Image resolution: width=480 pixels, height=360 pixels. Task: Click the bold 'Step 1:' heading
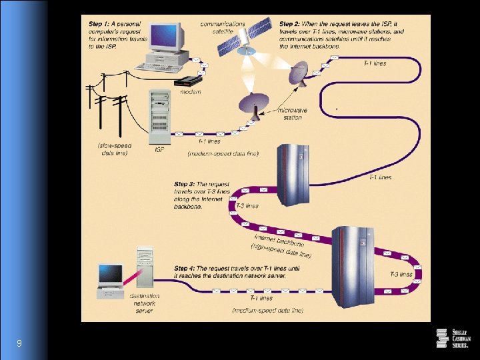pos(101,24)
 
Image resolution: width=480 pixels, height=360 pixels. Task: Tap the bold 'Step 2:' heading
pos(292,24)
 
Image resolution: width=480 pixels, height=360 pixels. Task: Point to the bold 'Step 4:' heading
pos(187,267)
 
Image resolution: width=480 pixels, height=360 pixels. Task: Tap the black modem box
pos(187,81)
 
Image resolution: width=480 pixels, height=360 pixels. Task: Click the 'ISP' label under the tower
pos(159,149)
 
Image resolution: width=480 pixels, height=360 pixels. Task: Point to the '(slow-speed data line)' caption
pos(115,149)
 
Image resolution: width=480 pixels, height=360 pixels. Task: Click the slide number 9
pos(19,343)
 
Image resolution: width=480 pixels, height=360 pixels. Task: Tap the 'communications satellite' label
pos(222,28)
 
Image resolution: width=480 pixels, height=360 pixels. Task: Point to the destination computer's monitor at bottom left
pos(110,273)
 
